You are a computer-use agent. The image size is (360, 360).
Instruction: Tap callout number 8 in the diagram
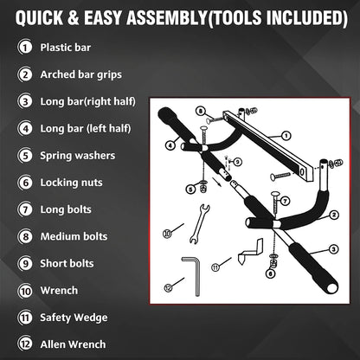point(199,112)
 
